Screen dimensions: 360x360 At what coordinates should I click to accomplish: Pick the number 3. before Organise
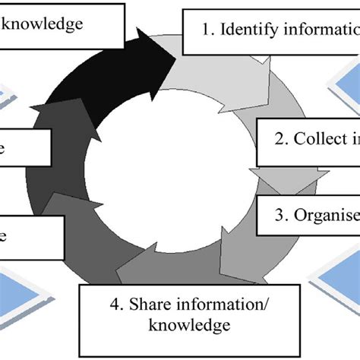click(283, 215)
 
